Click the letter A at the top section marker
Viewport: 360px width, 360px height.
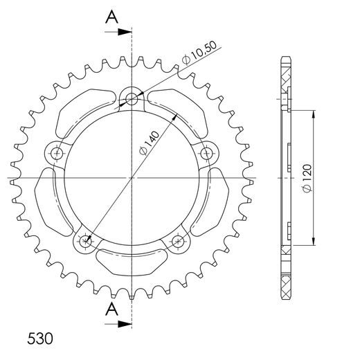tap(111, 18)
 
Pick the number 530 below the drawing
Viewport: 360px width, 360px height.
tap(41, 340)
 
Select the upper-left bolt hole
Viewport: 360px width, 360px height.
tap(56, 153)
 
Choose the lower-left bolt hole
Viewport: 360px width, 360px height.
tap(85, 241)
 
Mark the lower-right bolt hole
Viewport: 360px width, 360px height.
tap(179, 241)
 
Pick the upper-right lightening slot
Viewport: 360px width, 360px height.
tap(179, 111)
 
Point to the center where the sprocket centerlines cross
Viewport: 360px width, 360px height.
tap(132, 178)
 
